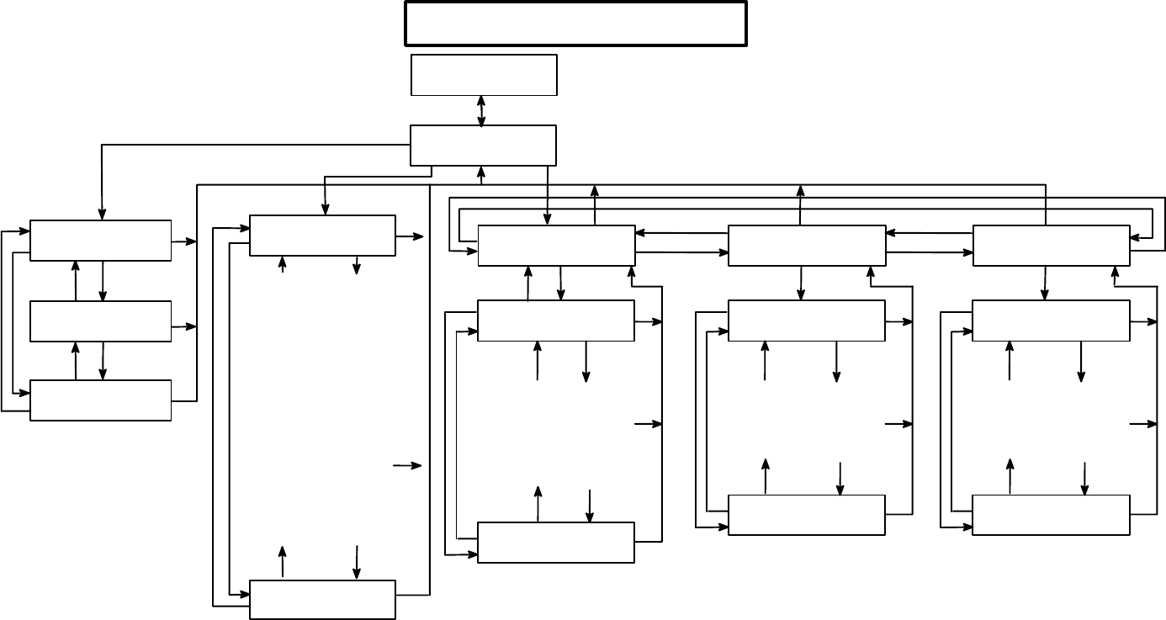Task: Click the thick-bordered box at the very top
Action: click(x=576, y=24)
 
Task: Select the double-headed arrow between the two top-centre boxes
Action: click(x=481, y=111)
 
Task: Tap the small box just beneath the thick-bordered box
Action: click(x=484, y=75)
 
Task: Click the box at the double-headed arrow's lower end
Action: click(x=483, y=146)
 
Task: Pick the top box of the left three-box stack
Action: click(x=100, y=241)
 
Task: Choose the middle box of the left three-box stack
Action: click(x=100, y=321)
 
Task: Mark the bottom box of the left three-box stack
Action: click(x=100, y=400)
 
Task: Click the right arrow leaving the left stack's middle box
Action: click(x=183, y=326)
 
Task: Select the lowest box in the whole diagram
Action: click(x=322, y=599)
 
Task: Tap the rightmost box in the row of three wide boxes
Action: click(x=1051, y=245)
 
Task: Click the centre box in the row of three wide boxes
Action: click(x=806, y=245)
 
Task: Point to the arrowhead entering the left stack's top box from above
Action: click(x=102, y=215)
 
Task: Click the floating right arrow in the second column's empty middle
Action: click(x=407, y=465)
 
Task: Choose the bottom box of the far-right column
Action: click(x=1051, y=514)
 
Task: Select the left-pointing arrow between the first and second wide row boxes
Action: click(x=681, y=232)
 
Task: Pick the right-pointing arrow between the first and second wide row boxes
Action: click(x=681, y=252)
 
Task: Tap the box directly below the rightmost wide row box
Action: click(x=1051, y=321)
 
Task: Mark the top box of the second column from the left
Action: click(x=322, y=236)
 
